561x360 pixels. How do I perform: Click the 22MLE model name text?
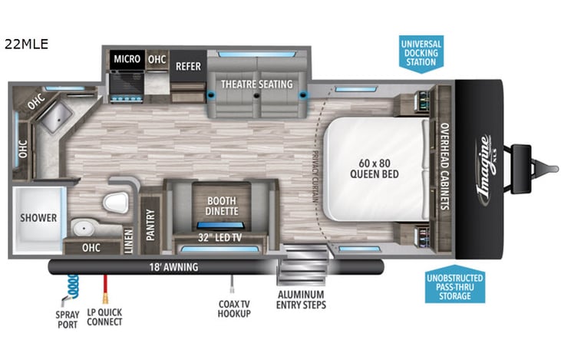[x=26, y=44]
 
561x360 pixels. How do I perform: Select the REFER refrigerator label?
[x=188, y=66]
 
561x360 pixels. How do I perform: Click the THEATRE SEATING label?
[x=257, y=84]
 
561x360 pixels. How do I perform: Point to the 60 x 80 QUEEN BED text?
[x=374, y=167]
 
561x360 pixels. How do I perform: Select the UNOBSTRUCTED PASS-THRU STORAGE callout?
[x=454, y=287]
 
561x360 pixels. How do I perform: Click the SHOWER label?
[x=38, y=218]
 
